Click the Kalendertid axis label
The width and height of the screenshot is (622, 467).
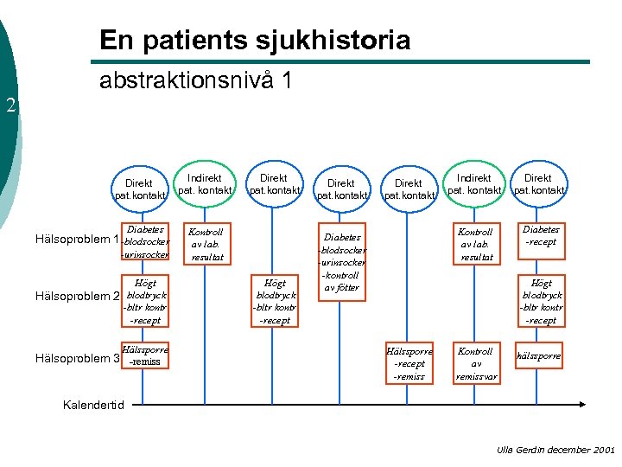click(x=94, y=405)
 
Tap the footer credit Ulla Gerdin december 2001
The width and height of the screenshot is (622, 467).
click(x=555, y=450)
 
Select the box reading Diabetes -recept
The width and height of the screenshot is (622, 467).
click(x=541, y=236)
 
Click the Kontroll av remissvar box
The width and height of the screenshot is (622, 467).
click(x=475, y=364)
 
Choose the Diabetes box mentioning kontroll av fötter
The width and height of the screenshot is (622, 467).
click(x=342, y=261)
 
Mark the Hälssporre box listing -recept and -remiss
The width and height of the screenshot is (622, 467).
click(x=409, y=364)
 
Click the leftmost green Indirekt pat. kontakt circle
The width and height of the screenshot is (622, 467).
click(x=205, y=183)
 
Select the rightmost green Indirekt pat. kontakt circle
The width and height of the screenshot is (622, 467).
click(x=474, y=183)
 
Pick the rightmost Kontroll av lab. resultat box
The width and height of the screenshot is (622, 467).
click(x=475, y=245)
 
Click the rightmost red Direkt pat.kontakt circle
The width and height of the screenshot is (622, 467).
click(x=540, y=183)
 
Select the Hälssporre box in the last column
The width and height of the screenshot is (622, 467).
click(x=538, y=356)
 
